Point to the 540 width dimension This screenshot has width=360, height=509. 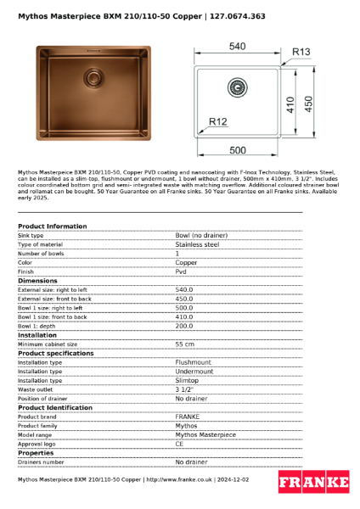[237, 46]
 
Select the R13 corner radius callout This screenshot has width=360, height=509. [301, 52]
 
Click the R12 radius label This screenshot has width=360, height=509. [218, 123]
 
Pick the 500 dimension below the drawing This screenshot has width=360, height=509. [239, 150]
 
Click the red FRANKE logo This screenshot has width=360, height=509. [313, 481]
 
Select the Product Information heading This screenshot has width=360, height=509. [52, 227]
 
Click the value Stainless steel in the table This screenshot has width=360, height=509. [197, 244]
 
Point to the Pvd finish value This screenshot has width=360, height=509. [181, 271]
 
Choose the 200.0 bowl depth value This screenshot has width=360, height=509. [184, 326]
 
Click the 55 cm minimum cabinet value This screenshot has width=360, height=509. [185, 344]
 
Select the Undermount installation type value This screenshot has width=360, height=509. [194, 372]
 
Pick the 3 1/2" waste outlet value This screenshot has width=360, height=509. [184, 389]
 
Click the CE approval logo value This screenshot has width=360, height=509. [180, 444]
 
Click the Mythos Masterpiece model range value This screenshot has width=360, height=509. [205, 434]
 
